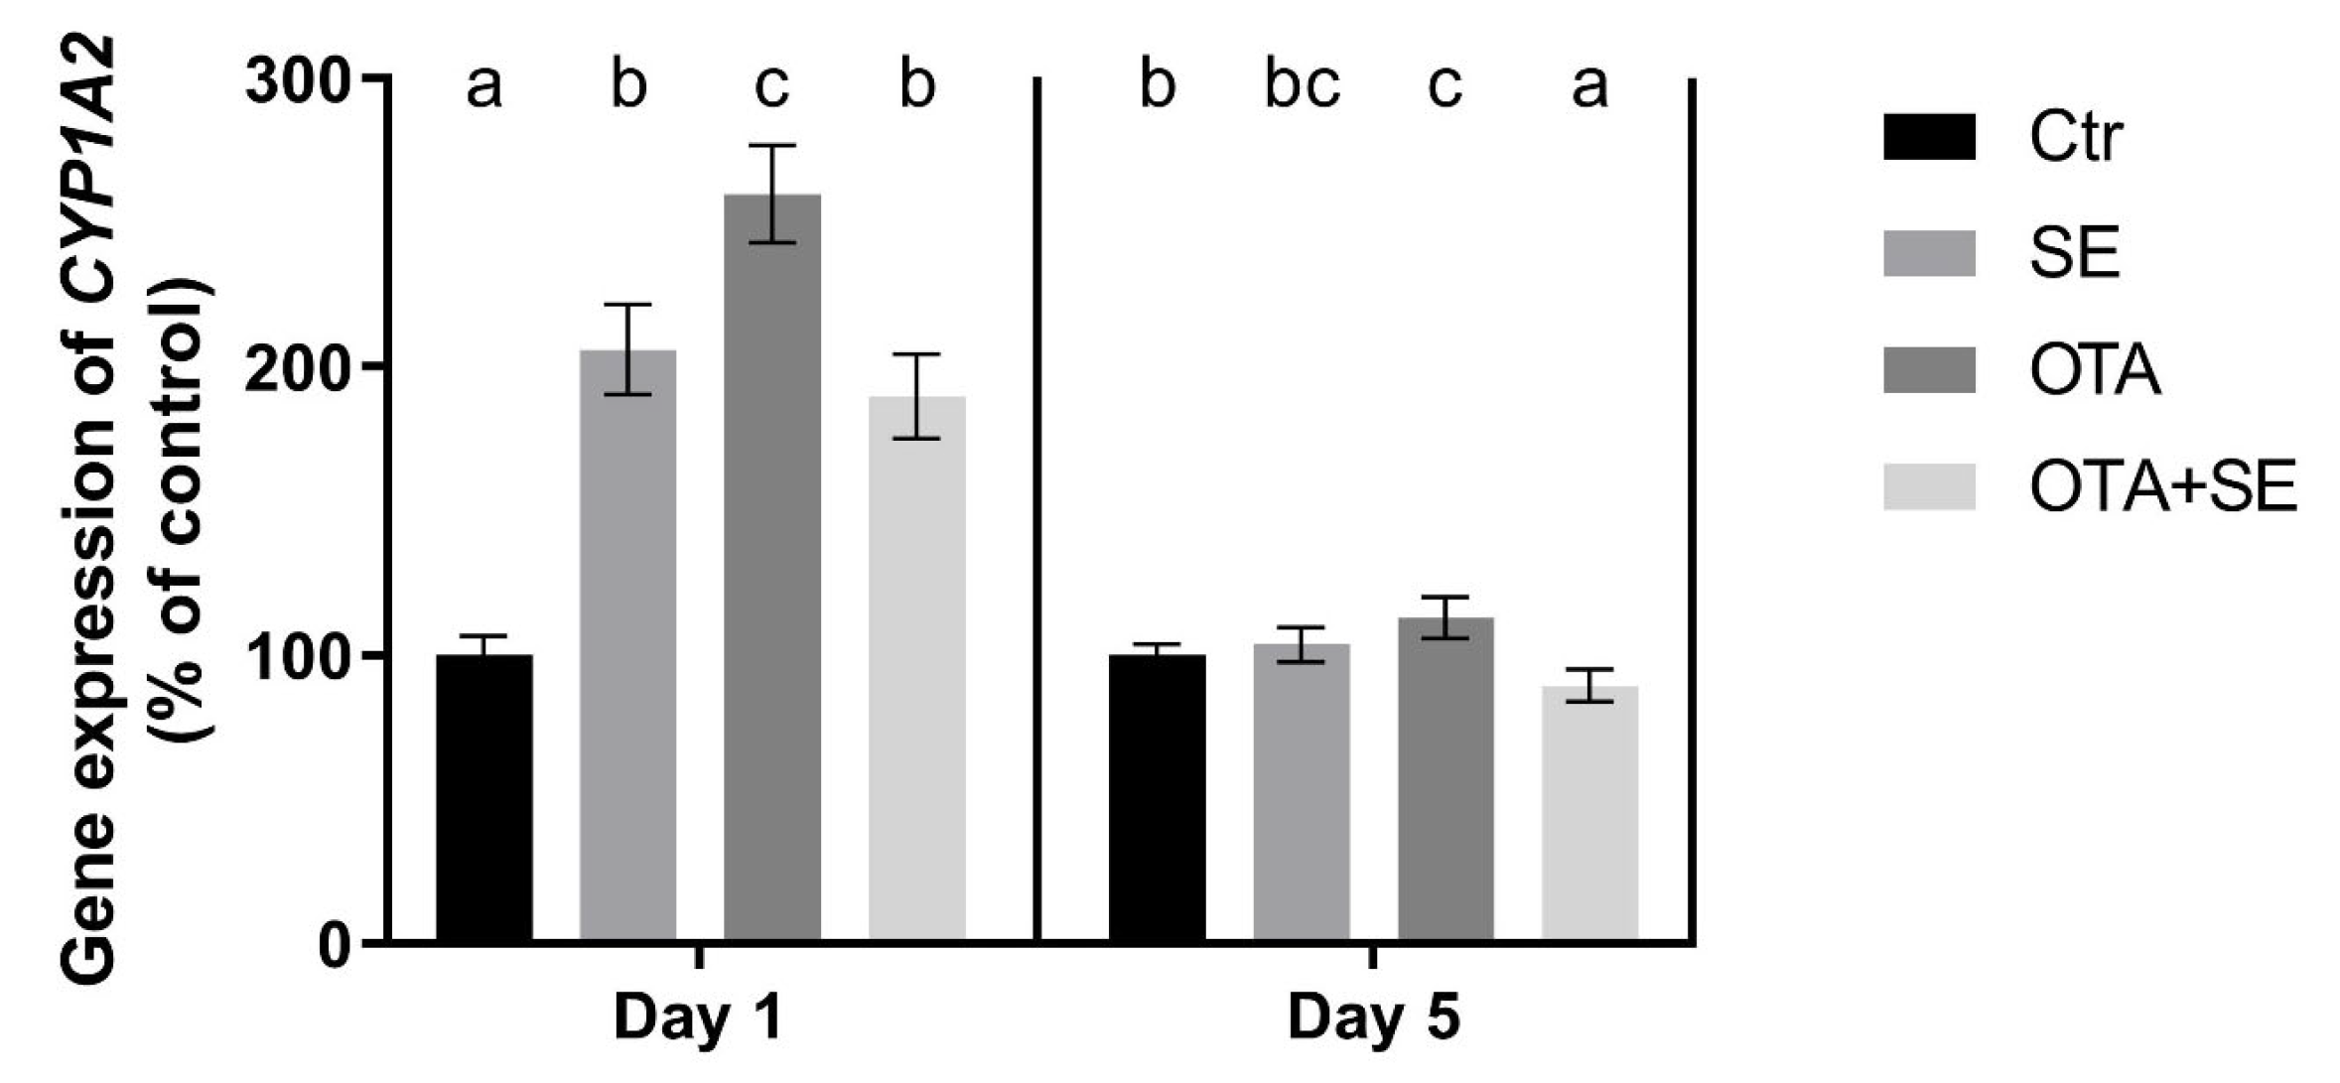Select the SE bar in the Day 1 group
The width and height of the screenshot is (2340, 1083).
[627, 645]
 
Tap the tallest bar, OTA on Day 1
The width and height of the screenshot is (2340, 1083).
[771, 567]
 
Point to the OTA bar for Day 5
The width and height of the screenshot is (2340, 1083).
[1445, 778]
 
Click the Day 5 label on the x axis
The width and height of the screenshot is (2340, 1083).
[1373, 1018]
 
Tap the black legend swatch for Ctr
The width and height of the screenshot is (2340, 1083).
[1929, 137]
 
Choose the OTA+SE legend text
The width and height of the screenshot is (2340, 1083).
[2162, 487]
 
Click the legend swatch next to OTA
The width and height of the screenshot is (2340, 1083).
[1929, 370]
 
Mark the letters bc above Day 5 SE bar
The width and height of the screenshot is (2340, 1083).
[1302, 87]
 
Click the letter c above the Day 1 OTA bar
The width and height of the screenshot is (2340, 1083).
[771, 87]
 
